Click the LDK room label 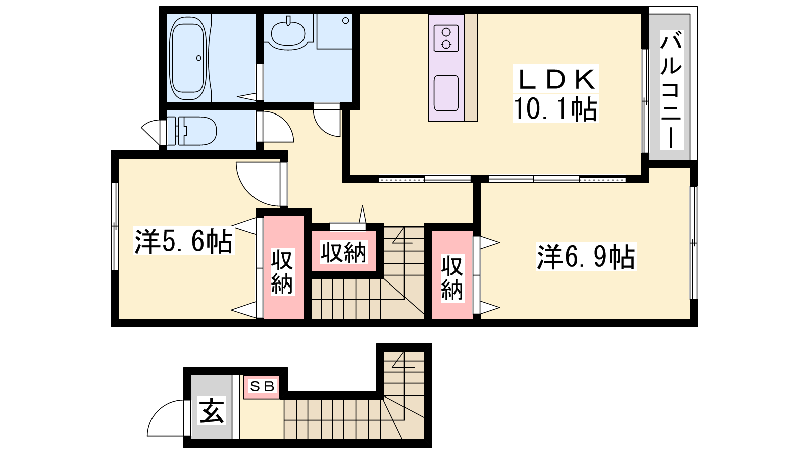(556, 79)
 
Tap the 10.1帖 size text (555, 108)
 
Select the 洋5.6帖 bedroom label (184, 241)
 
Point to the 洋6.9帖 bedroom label (586, 257)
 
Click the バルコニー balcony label (671, 90)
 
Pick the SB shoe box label (262, 386)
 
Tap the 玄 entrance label (212, 411)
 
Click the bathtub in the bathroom (189, 58)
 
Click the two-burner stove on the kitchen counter (446, 38)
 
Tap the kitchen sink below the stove (446, 93)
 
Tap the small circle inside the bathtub (199, 58)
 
